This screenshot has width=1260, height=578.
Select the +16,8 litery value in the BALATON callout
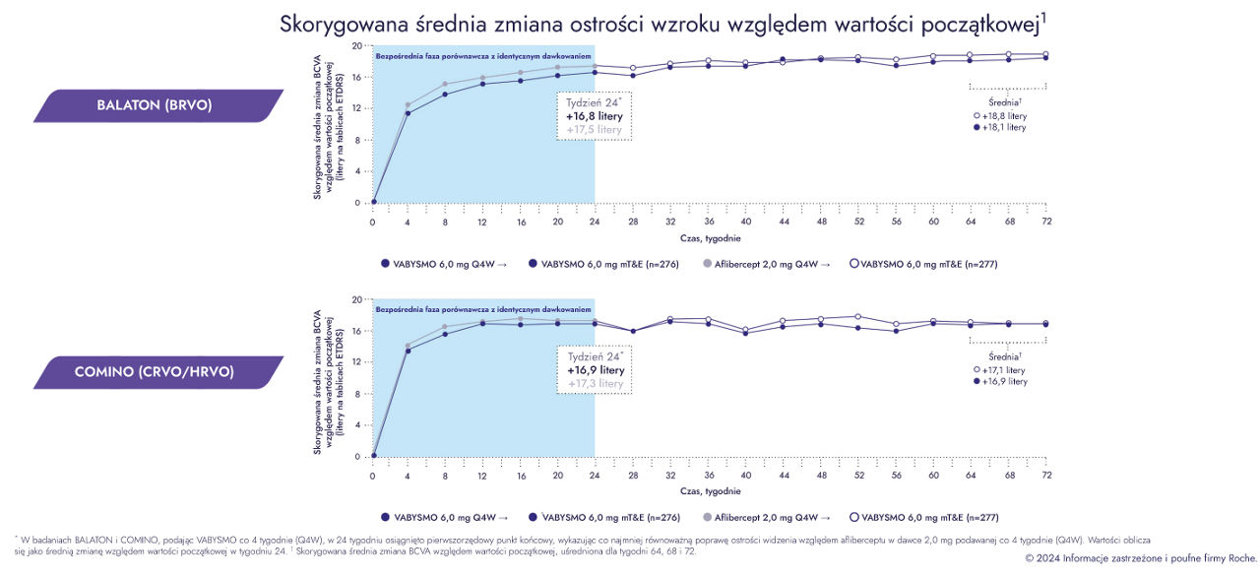[594, 115]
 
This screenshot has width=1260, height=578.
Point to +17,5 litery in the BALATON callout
[594, 129]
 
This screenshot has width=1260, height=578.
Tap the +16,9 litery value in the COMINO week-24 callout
[596, 369]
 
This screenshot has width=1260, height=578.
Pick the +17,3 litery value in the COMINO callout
[596, 383]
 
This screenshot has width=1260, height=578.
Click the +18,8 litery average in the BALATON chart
[1004, 115]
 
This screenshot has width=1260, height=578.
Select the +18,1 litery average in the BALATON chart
[1004, 127]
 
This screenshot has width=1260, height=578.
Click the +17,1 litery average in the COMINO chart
[1004, 369]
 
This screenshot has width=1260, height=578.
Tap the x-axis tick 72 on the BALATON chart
[1046, 222]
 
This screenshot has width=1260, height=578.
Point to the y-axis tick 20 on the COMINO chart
[356, 299]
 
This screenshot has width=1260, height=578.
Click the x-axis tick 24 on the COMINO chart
[595, 476]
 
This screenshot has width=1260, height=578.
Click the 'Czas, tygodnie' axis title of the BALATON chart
[710, 238]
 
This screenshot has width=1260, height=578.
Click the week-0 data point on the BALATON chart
[373, 202]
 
